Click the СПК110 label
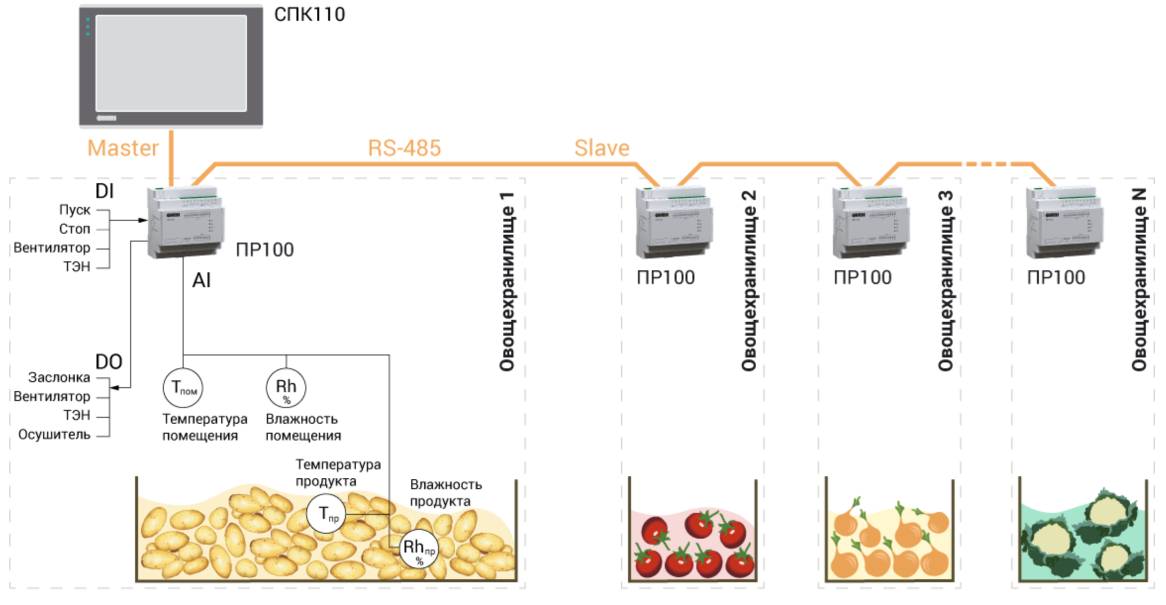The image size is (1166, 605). pos(309,15)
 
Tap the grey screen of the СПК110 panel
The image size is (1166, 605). pos(171,63)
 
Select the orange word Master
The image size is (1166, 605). pos(123,148)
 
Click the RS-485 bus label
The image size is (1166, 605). pos(404,148)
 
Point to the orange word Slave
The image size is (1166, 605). pos(602,148)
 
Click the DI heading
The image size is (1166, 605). pos(104,191)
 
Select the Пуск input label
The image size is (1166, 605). pos(75,210)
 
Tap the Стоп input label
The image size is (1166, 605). pos(75,229)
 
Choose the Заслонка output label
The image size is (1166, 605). pos(59,377)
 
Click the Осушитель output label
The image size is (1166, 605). pos(54,434)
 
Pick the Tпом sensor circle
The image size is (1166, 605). pos(183,388)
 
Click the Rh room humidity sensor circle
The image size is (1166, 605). pos(286,388)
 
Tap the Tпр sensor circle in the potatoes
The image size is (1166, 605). pos(326,514)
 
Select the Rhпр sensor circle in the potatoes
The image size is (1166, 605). pos(419,549)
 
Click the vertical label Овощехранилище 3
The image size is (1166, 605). pos(946,281)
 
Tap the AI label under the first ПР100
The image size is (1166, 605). pos(201,281)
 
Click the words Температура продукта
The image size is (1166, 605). pos(339,473)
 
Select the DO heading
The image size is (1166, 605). pos(109,362)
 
